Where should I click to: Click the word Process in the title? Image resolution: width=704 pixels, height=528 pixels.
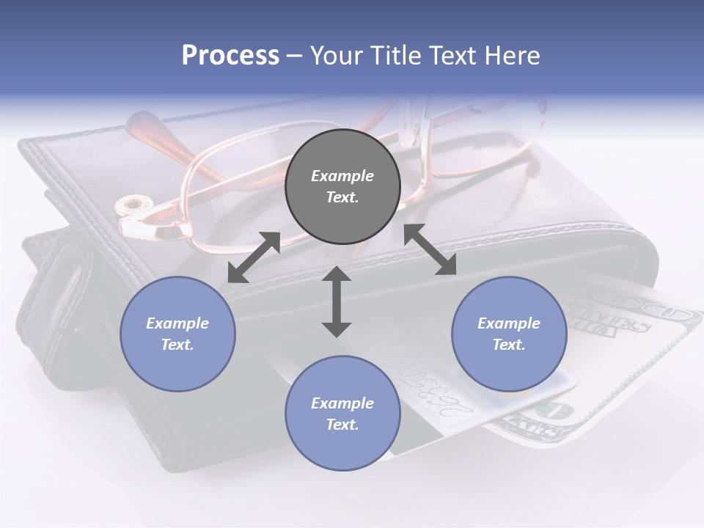click(230, 55)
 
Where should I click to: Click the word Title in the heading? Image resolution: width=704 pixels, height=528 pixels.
click(392, 55)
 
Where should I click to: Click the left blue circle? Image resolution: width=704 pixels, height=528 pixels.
click(177, 334)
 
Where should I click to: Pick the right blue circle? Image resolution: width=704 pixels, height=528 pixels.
click(509, 334)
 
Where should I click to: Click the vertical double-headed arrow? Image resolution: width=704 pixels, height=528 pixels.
click(337, 301)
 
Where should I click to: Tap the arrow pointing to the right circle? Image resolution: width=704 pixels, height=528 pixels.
click(430, 249)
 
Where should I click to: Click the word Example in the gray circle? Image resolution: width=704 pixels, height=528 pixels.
click(342, 176)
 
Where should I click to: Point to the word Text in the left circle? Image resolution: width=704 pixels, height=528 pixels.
click(177, 345)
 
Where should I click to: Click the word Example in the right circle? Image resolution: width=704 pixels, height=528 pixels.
click(509, 323)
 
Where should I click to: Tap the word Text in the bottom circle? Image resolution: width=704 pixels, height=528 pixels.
click(342, 425)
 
